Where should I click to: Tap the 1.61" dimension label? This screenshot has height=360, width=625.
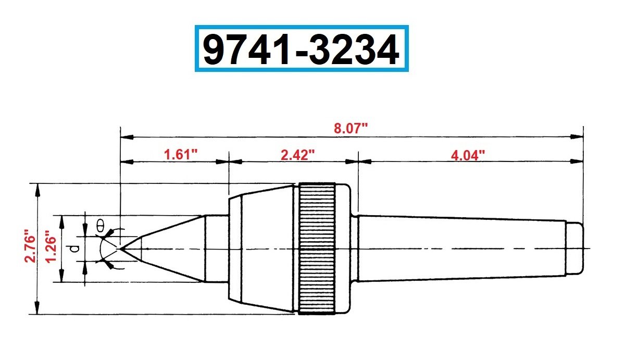pyautogui.click(x=181, y=155)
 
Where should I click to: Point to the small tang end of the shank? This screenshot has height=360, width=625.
pyautogui.click(x=574, y=249)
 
